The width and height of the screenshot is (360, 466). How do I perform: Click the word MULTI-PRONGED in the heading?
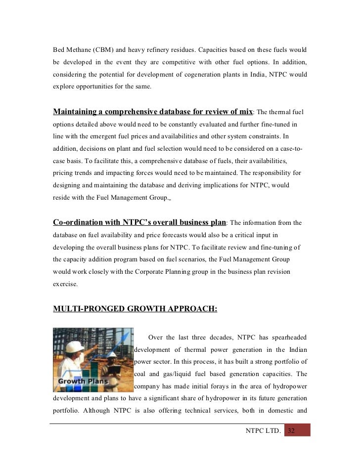click(x=85, y=309)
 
